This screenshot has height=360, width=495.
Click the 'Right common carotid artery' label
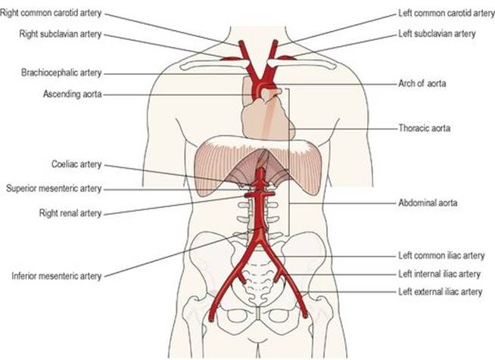coord(51,14)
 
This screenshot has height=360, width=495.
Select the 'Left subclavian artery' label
coord(437,33)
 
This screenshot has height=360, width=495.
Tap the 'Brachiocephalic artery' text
coord(61,73)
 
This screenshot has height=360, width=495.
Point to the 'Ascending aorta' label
coord(73,94)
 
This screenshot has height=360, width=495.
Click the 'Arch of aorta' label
coord(422,84)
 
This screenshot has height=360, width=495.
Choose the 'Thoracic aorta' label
coord(425,128)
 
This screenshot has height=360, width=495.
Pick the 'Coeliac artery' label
coord(76,164)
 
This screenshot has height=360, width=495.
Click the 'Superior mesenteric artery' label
coord(54,188)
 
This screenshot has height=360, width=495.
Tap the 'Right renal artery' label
coord(70,213)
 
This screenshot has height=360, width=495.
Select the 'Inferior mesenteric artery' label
coord(57,276)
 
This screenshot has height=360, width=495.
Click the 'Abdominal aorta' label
coord(428,203)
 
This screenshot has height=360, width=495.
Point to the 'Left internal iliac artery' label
coord(439,274)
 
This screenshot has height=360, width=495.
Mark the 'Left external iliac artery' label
coord(440,292)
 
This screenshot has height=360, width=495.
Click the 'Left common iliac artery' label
coord(441,255)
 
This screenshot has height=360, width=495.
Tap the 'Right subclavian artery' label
coord(61,34)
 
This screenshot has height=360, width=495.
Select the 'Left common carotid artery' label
coord(447,14)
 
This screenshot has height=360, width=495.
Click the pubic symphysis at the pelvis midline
coord(259,315)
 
